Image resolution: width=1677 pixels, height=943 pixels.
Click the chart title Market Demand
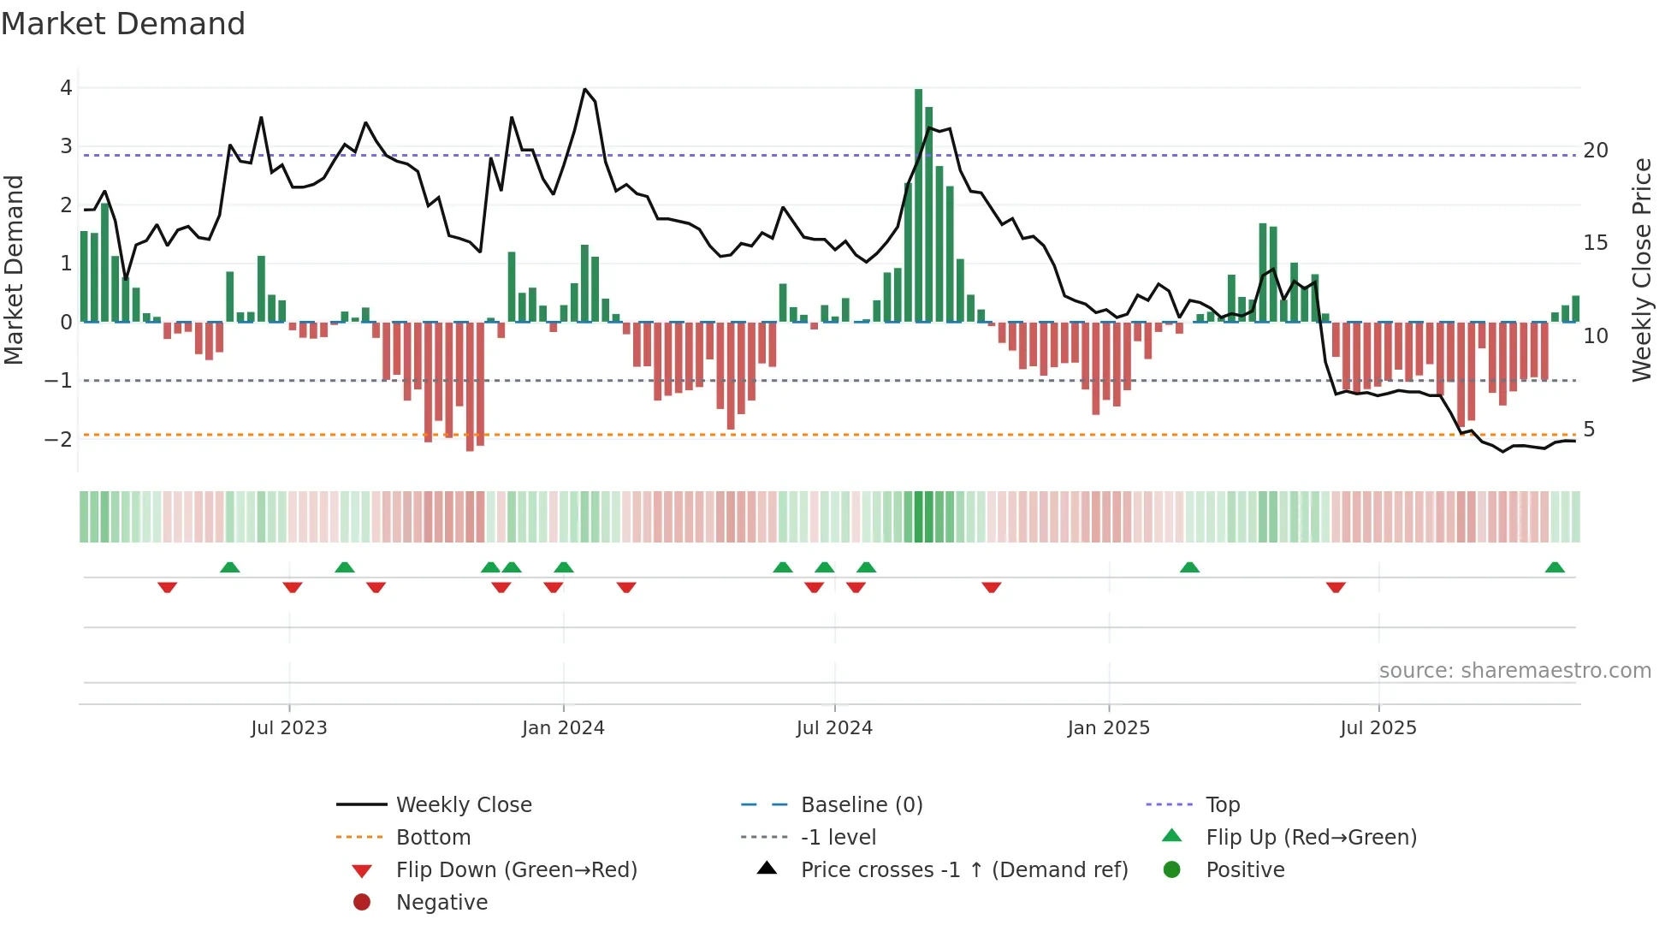[123, 24]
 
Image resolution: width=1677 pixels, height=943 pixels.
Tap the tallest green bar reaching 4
[918, 205]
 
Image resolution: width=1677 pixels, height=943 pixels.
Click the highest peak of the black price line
[585, 89]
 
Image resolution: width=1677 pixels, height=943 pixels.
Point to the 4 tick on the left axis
[66, 87]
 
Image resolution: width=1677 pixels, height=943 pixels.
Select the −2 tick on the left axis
[59, 439]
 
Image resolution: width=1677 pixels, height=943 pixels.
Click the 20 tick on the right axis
[1596, 151]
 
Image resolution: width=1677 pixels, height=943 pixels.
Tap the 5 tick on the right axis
[1589, 430]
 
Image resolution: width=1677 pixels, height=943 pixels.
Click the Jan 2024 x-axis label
[563, 728]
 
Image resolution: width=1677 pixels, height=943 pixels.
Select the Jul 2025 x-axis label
[1378, 728]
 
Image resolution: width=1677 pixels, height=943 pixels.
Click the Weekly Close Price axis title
[1641, 270]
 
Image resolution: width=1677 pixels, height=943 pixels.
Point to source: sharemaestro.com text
[1514, 671]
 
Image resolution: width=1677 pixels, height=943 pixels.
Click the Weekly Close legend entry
[464, 805]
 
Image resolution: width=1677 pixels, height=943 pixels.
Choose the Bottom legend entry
[433, 838]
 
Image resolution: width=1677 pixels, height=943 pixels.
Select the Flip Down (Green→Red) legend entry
[516, 870]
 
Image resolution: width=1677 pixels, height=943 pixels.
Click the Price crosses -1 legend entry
[963, 870]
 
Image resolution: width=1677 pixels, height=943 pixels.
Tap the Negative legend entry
[441, 903]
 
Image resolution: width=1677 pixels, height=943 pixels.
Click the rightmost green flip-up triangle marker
[1555, 567]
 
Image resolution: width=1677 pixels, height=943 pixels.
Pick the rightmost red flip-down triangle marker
[1336, 587]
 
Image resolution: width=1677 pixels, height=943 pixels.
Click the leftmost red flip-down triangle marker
[168, 587]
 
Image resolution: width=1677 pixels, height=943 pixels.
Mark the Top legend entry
[1222, 805]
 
